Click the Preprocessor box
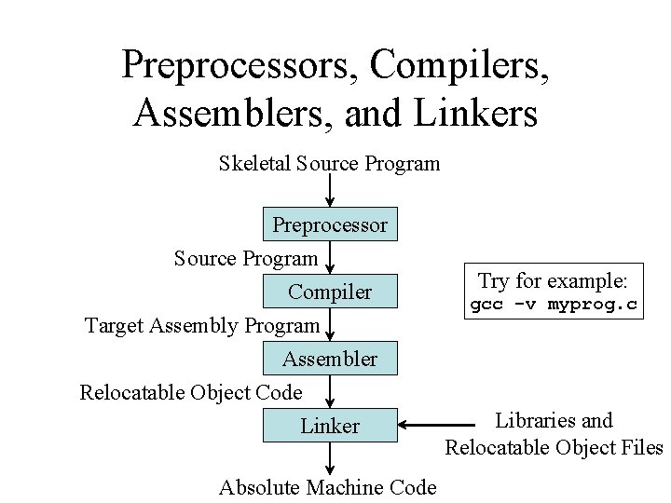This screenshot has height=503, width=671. pyautogui.click(x=330, y=224)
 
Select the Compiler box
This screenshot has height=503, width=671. pyautogui.click(x=330, y=292)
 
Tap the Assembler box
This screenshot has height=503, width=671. pyautogui.click(x=330, y=359)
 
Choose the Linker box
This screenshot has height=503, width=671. pyautogui.click(x=330, y=426)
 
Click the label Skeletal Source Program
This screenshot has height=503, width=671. pyautogui.click(x=329, y=164)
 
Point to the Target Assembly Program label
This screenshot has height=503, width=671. pyautogui.click(x=202, y=325)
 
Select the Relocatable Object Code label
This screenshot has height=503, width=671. pyautogui.click(x=191, y=392)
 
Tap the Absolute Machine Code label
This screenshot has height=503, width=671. pyautogui.click(x=327, y=486)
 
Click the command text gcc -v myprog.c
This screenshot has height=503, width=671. pyautogui.click(x=554, y=306)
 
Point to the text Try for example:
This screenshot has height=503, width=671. pyautogui.click(x=554, y=280)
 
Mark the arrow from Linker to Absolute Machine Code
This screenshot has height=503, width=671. pyautogui.click(x=330, y=457)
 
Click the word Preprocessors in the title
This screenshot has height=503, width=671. pyautogui.click(x=240, y=64)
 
